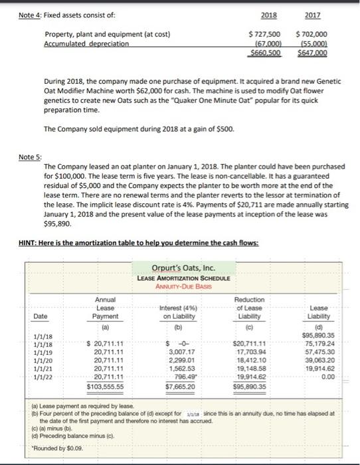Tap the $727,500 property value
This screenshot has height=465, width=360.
click(264, 34)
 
